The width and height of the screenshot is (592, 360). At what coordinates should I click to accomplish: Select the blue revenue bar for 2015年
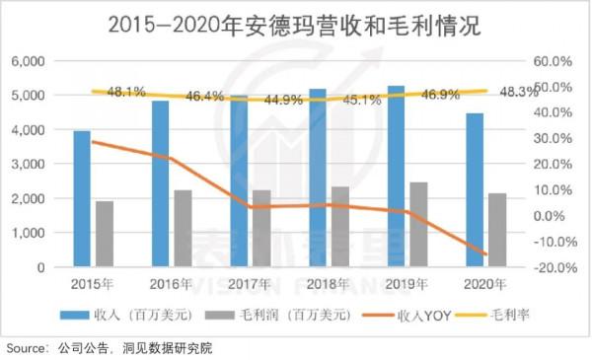tap(82, 198)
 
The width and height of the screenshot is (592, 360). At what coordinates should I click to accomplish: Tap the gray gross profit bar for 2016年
tap(184, 228)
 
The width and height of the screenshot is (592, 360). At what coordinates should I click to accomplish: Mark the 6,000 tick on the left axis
tap(29, 61)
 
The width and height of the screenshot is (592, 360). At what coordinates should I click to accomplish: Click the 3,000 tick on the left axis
tap(29, 164)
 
